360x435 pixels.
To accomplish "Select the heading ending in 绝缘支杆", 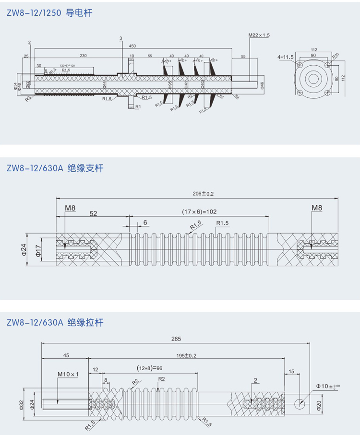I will pos(55,168).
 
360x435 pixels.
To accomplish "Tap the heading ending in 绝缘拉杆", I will pos(55,322).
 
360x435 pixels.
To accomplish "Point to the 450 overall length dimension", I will pos(132,46).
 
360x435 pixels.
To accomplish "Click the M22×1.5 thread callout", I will pos(259,35).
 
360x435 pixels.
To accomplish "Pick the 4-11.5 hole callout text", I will pos(285,58).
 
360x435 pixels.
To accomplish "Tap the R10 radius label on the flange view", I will pos(336,55).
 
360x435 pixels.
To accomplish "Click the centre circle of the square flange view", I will pos(314,79).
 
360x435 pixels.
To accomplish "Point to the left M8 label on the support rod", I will pos(70,208).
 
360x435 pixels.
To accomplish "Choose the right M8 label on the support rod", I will pos(317,208).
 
